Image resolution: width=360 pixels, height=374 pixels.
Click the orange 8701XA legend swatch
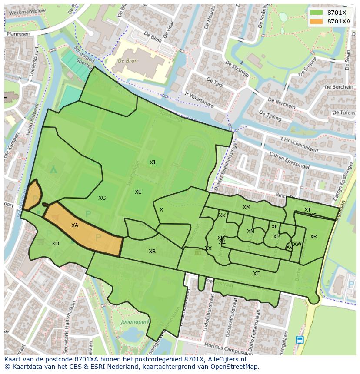click(x=317, y=21)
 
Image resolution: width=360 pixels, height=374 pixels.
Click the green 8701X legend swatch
click(x=317, y=13)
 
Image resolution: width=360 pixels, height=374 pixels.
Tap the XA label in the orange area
click(x=75, y=225)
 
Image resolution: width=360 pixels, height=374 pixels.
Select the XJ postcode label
click(x=152, y=162)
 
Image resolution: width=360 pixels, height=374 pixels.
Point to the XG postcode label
click(x=102, y=198)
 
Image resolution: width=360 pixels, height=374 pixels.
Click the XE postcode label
click(x=138, y=192)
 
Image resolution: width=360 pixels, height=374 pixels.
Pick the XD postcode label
click(x=55, y=244)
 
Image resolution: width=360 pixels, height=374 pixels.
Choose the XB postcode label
click(x=152, y=252)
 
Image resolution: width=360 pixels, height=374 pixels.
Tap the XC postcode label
click(x=257, y=274)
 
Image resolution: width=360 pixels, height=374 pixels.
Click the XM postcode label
click(x=247, y=207)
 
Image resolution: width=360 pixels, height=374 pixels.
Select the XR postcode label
click(x=313, y=237)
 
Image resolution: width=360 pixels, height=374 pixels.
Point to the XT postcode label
click(x=307, y=210)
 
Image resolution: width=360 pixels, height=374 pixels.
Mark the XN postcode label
click(x=250, y=232)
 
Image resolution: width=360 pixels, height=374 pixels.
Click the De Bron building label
click(x=128, y=61)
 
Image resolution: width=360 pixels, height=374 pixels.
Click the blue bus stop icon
click(x=300, y=340)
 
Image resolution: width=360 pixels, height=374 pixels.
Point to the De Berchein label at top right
click(x=339, y=87)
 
